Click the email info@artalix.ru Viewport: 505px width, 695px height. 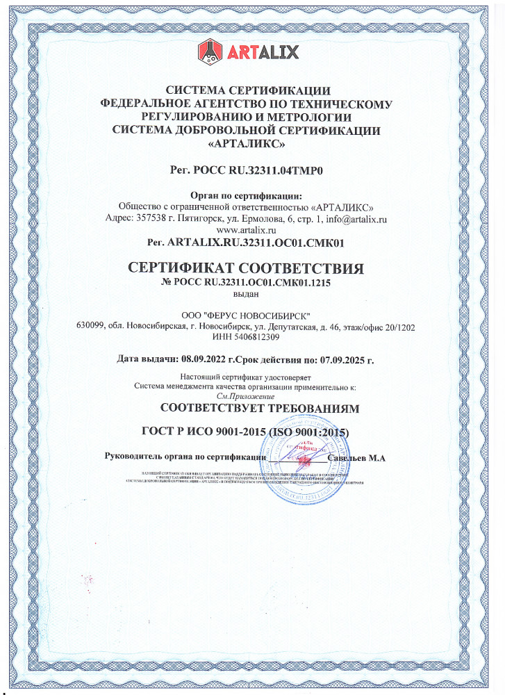[356, 218]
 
